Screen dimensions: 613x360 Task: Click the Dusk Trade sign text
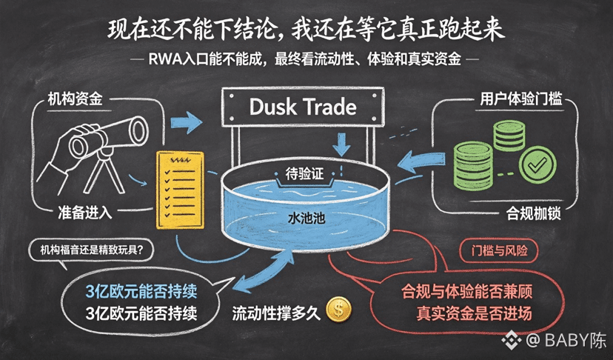(x=303, y=107)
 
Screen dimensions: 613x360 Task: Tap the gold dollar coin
(x=338, y=309)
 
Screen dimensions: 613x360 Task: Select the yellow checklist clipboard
(x=180, y=190)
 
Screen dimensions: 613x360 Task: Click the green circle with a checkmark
(x=537, y=164)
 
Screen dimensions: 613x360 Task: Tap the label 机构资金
(x=75, y=99)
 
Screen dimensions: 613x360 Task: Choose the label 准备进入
(x=85, y=213)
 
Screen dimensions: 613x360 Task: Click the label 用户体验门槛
(x=520, y=99)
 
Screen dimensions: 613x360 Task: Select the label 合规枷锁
(x=534, y=213)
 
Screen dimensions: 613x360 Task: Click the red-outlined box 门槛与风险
(x=499, y=250)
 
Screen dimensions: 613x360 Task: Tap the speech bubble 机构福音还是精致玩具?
(x=92, y=250)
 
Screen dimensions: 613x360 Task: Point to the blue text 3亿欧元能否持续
(x=141, y=291)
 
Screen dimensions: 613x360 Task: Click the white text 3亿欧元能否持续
(x=141, y=313)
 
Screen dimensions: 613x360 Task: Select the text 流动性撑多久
(x=276, y=313)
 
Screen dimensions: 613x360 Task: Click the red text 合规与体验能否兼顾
(x=467, y=292)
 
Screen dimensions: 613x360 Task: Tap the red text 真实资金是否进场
(x=474, y=313)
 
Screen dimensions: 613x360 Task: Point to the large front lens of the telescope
(x=138, y=130)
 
